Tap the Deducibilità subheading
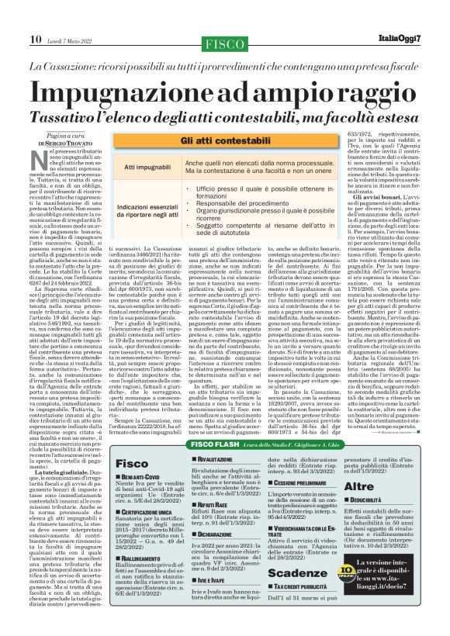[x=396, y=480]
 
